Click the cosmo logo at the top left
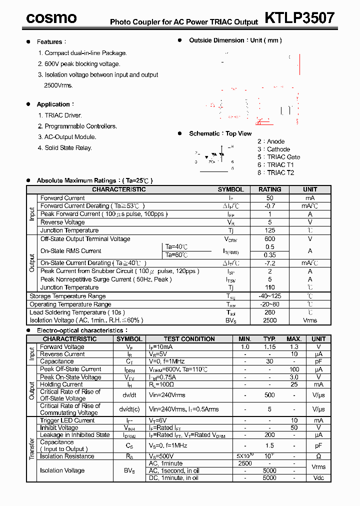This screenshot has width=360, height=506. (x=51, y=18)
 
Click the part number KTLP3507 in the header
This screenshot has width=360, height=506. (x=299, y=18)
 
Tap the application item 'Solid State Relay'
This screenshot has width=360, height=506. (x=68, y=148)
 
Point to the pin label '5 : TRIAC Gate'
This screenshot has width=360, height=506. (x=278, y=157)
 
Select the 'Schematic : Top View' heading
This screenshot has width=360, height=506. (x=220, y=133)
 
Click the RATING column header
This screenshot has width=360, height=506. (x=269, y=189)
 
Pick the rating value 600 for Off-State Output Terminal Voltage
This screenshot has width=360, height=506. (x=269, y=239)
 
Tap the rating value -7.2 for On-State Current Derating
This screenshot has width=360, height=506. (x=269, y=263)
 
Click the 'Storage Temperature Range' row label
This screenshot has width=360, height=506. (x=67, y=296)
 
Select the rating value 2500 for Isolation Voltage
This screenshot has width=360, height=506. (x=269, y=320)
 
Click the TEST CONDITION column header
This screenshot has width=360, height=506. (x=189, y=339)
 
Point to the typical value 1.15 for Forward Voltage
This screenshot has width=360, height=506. (x=269, y=347)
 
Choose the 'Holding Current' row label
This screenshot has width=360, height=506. (x=61, y=384)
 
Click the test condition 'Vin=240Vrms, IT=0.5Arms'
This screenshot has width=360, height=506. (x=183, y=409)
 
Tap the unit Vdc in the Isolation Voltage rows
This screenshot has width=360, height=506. (x=318, y=478)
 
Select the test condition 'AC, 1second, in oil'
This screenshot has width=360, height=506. (x=173, y=470)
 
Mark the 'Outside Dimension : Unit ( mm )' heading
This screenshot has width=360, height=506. (x=235, y=40)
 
